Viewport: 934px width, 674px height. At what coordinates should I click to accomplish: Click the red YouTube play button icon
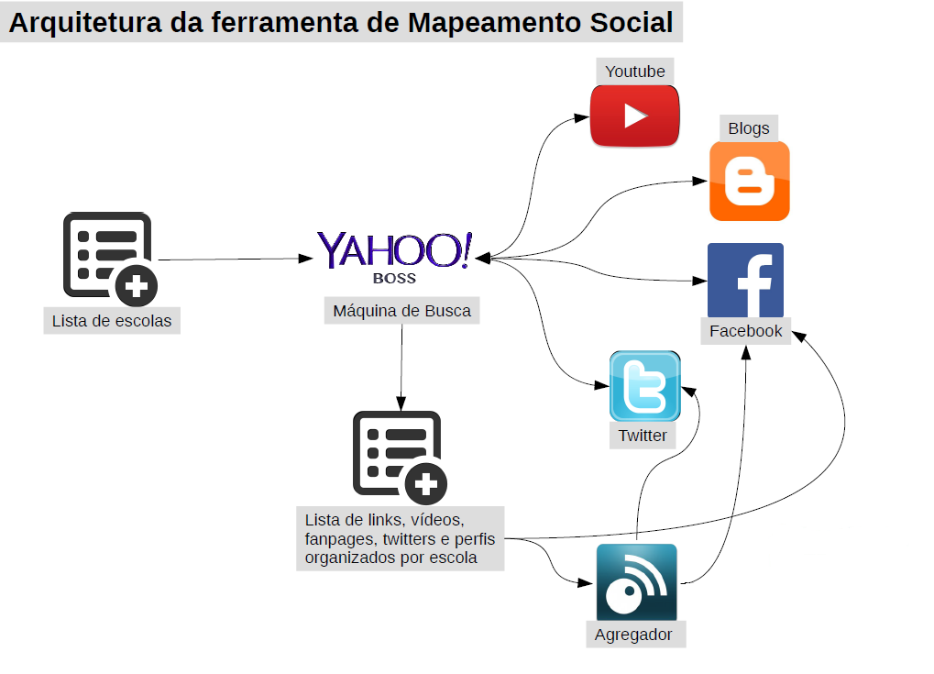click(x=634, y=116)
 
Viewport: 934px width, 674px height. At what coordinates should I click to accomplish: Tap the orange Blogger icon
click(x=749, y=182)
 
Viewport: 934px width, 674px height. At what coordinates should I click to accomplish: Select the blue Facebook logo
click(x=745, y=281)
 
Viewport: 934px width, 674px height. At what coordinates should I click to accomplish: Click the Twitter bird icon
click(x=644, y=386)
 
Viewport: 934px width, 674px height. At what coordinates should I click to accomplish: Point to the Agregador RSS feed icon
click(x=636, y=582)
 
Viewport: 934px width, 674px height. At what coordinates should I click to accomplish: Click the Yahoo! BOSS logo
click(x=395, y=251)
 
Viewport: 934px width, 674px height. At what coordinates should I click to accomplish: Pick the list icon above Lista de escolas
click(x=106, y=256)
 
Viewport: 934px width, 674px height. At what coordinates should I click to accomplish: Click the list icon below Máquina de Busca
click(x=398, y=456)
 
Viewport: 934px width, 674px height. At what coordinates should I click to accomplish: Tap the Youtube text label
click(x=635, y=72)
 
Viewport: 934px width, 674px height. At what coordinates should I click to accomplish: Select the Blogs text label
click(x=749, y=128)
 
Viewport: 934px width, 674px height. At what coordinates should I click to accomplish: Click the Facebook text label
click(x=745, y=331)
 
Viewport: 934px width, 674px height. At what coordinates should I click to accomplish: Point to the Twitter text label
click(x=643, y=436)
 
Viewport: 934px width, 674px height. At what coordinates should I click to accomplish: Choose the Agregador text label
click(x=633, y=635)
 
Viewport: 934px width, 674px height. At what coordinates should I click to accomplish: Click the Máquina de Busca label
click(x=401, y=311)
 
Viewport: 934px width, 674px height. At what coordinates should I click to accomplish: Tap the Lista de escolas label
click(x=112, y=321)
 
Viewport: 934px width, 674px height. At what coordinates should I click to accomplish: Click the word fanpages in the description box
click(x=340, y=538)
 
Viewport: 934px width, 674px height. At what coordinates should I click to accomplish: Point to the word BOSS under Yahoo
click(x=394, y=278)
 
